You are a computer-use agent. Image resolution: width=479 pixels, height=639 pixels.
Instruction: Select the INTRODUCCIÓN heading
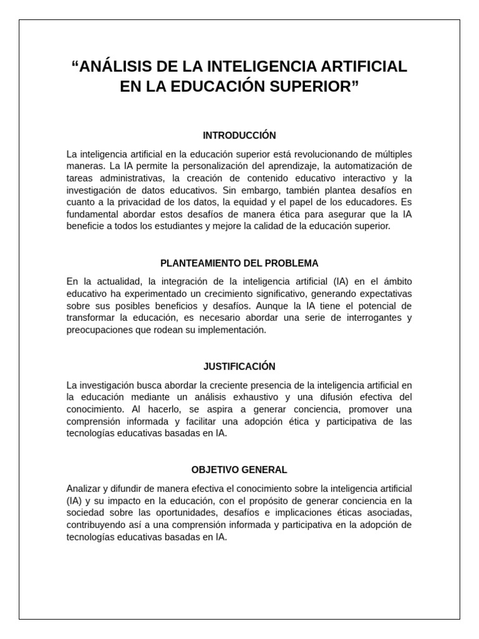tap(239, 135)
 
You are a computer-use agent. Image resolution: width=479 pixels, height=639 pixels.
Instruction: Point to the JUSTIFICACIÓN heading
tap(239, 366)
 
